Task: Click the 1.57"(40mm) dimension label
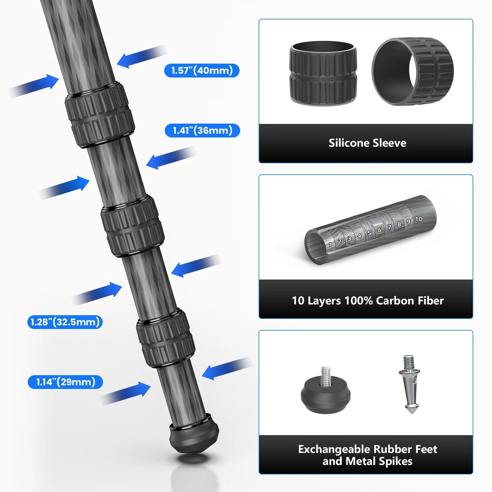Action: tap(202, 70)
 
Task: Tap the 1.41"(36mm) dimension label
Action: tap(202, 130)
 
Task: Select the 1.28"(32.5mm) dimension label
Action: tap(65, 322)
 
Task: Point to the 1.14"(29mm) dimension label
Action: tap(65, 382)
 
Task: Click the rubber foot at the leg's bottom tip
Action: tap(194, 435)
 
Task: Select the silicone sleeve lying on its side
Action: tap(413, 72)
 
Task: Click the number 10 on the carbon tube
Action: tap(419, 219)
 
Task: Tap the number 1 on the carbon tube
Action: tap(330, 245)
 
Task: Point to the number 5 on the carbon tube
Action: tap(369, 233)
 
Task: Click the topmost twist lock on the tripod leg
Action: tap(100, 115)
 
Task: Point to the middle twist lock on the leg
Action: tap(133, 226)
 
